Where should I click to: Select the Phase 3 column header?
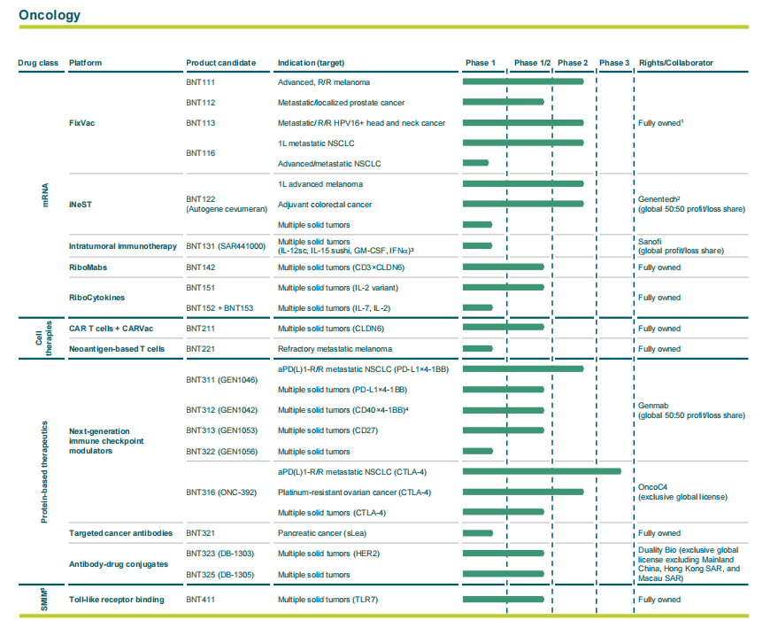[x=614, y=63]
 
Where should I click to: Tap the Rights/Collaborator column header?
[x=675, y=63]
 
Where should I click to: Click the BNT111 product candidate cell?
[x=201, y=82]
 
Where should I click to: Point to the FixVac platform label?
[x=82, y=123]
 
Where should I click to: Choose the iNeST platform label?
[x=81, y=205]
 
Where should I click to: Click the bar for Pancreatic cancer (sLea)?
[x=477, y=533]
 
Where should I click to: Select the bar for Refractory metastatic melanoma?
[x=503, y=349]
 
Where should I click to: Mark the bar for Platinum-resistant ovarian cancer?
[x=522, y=492]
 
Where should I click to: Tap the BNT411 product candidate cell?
[x=201, y=600]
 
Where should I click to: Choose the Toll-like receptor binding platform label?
[x=116, y=600]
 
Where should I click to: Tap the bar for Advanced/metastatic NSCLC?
[x=475, y=163]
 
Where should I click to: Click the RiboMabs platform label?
[x=89, y=267]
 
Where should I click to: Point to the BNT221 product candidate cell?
[x=201, y=349]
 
